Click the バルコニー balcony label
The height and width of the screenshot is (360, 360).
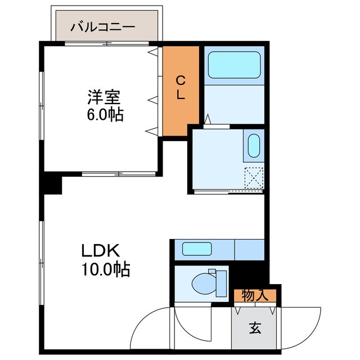pyautogui.click(x=102, y=26)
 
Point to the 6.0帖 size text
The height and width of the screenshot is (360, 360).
pyautogui.click(x=105, y=115)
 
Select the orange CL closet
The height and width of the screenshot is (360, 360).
pyautogui.click(x=181, y=90)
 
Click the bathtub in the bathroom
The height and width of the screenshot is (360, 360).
pyautogui.click(x=234, y=65)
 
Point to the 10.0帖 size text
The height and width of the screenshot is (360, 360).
pyautogui.click(x=105, y=270)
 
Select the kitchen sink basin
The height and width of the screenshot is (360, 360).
pyautogui.click(x=197, y=248)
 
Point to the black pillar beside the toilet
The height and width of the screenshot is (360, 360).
pyautogui.click(x=248, y=275)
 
